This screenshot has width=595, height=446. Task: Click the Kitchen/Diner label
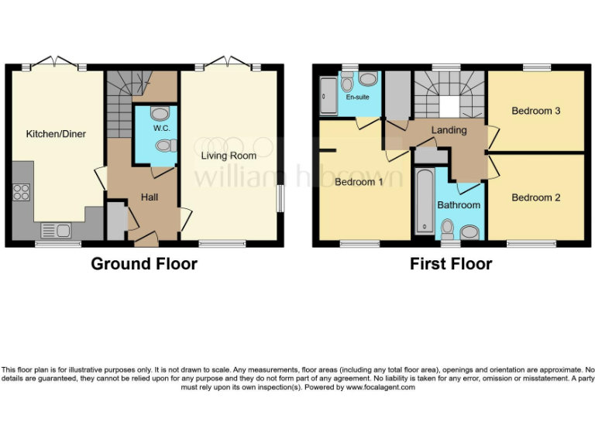(x=56, y=134)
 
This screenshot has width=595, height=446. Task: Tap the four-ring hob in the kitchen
(x=22, y=191)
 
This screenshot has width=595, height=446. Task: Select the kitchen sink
(x=57, y=228)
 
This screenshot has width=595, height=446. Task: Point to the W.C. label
(x=162, y=128)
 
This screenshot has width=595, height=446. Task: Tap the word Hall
(x=149, y=197)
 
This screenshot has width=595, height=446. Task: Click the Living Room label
(x=229, y=156)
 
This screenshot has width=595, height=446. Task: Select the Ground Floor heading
(x=144, y=264)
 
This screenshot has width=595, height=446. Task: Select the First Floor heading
(x=451, y=264)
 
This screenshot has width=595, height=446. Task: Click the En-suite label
(x=357, y=98)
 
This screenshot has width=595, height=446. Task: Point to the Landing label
(x=449, y=130)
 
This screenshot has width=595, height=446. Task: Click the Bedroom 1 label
(x=359, y=182)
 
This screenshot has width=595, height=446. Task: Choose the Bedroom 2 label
(x=536, y=197)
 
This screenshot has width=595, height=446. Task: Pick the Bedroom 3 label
(x=536, y=111)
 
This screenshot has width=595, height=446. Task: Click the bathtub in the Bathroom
(x=423, y=201)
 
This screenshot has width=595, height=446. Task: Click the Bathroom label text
(x=459, y=205)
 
